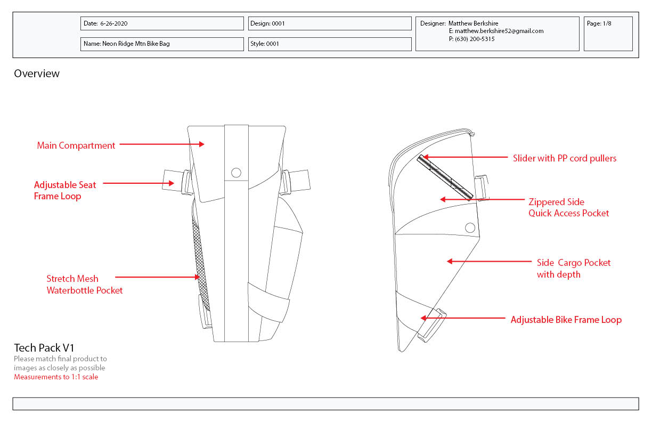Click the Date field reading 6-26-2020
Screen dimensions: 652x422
(162, 23)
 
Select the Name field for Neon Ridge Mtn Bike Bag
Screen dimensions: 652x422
(162, 44)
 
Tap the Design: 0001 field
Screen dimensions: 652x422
(330, 23)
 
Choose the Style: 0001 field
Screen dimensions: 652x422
(330, 44)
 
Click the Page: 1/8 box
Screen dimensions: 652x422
(608, 34)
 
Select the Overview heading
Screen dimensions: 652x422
(37, 74)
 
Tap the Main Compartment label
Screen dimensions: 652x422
(76, 145)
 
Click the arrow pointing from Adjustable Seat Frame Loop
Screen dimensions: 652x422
(138, 183)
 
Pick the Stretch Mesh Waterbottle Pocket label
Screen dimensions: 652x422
(84, 285)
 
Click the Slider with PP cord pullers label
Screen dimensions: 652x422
(565, 158)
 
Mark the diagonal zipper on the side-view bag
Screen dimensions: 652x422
(445, 177)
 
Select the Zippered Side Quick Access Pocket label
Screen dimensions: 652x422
(568, 207)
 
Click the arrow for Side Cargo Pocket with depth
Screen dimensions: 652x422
(489, 261)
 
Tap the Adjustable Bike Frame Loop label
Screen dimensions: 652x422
(566, 320)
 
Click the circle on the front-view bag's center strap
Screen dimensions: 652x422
(236, 173)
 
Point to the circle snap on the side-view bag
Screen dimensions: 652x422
(470, 228)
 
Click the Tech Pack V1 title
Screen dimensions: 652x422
(44, 348)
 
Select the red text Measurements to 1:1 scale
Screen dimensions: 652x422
(56, 377)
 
